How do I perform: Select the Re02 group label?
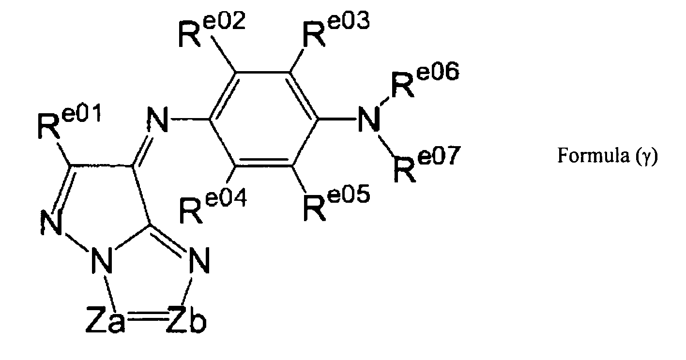[212, 30]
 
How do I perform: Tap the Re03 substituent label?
[336, 30]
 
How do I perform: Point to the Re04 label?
[213, 206]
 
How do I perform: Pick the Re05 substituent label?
[337, 203]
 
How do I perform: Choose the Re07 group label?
[427, 164]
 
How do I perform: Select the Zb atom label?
[186, 319]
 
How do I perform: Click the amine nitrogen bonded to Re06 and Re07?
[369, 120]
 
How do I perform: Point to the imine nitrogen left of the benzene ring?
[158, 120]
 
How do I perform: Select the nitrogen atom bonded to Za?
[102, 260]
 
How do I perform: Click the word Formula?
[593, 155]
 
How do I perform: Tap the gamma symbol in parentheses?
[647, 157]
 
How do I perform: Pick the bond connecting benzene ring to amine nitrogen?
[337, 119]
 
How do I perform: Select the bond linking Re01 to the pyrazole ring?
[64, 153]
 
